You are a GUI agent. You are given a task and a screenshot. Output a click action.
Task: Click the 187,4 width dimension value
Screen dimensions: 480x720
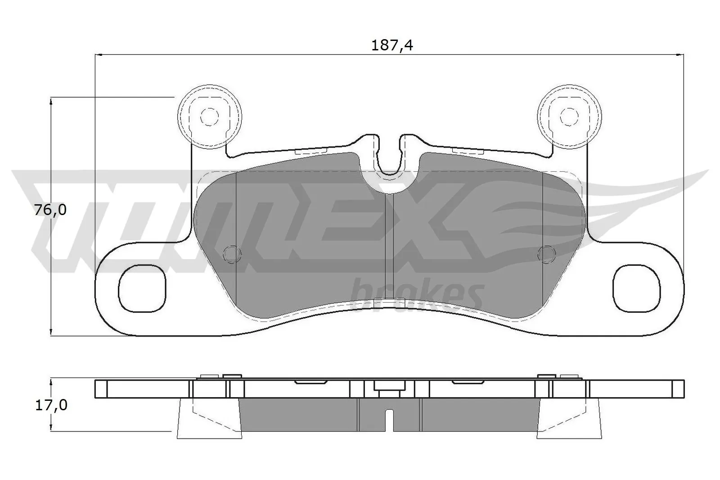point(391,45)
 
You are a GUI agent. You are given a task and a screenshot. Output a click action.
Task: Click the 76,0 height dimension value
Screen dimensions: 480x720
point(50,210)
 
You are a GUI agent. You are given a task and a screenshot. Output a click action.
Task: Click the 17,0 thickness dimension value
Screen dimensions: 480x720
point(50,405)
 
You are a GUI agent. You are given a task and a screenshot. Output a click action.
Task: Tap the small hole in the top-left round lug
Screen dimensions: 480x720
point(209,117)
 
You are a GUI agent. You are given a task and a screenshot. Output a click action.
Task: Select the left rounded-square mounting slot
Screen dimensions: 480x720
point(142,288)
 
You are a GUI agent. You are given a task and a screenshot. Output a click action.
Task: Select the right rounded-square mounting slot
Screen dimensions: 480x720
point(637,288)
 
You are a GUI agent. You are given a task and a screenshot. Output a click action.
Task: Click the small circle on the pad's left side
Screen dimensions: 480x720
point(232,254)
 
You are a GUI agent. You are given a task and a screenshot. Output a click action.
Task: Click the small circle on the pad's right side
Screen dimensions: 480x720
point(546,254)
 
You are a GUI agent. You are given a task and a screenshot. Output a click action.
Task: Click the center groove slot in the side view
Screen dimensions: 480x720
point(390,420)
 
